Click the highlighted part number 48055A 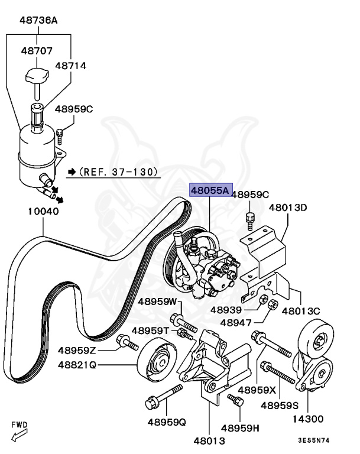(209, 191)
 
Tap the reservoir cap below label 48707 (38, 77)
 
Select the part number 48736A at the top (38, 20)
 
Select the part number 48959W (158, 301)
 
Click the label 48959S (281, 405)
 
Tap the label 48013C (301, 310)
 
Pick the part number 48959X (257, 390)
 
